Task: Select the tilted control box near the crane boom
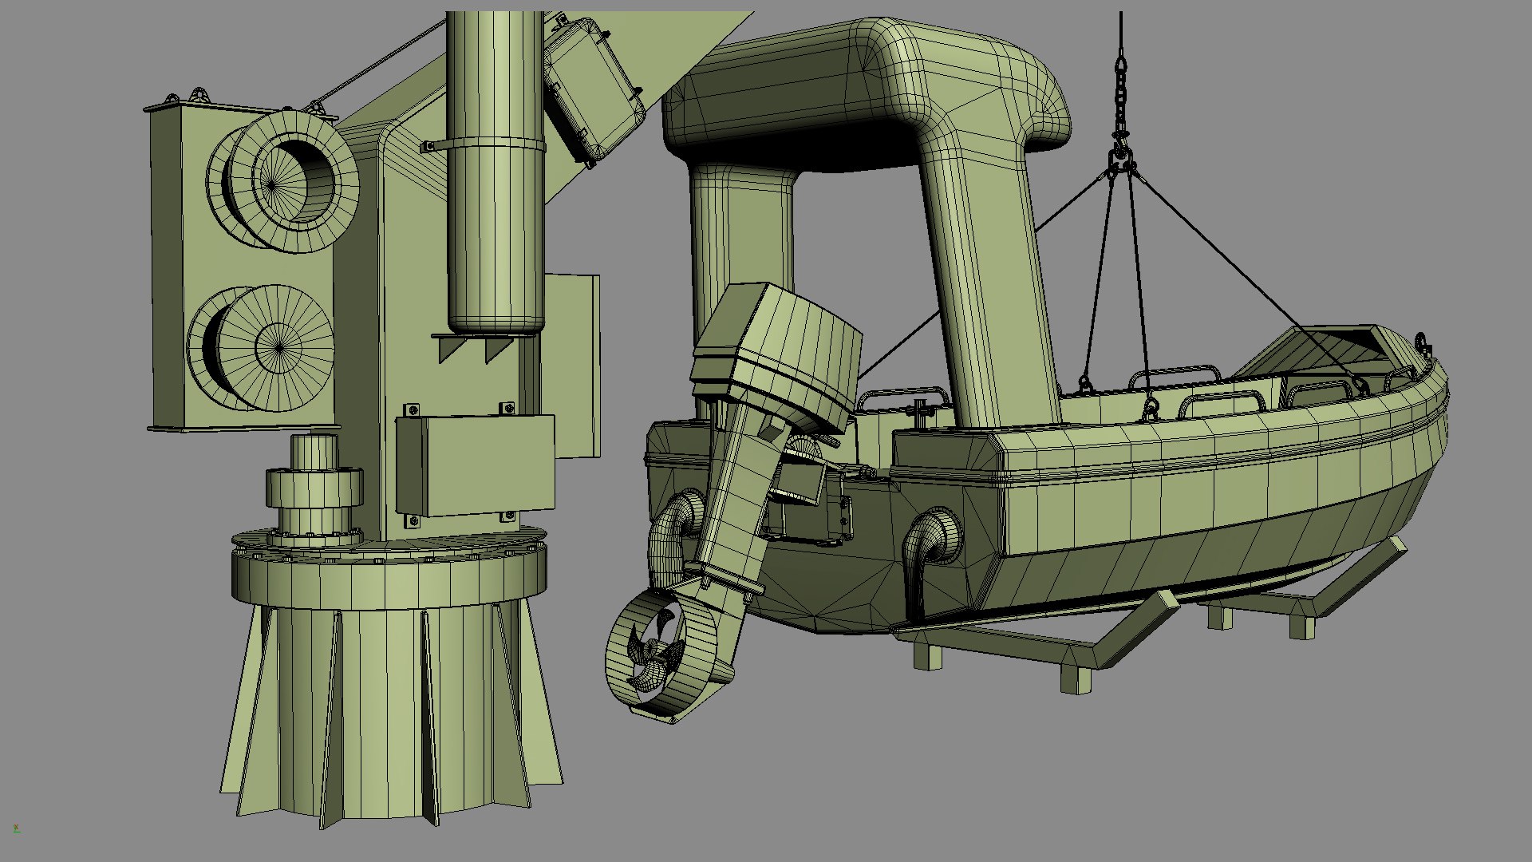594,92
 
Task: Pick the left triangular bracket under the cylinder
451,348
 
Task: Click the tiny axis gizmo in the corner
16,828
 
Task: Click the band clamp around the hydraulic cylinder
495,145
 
